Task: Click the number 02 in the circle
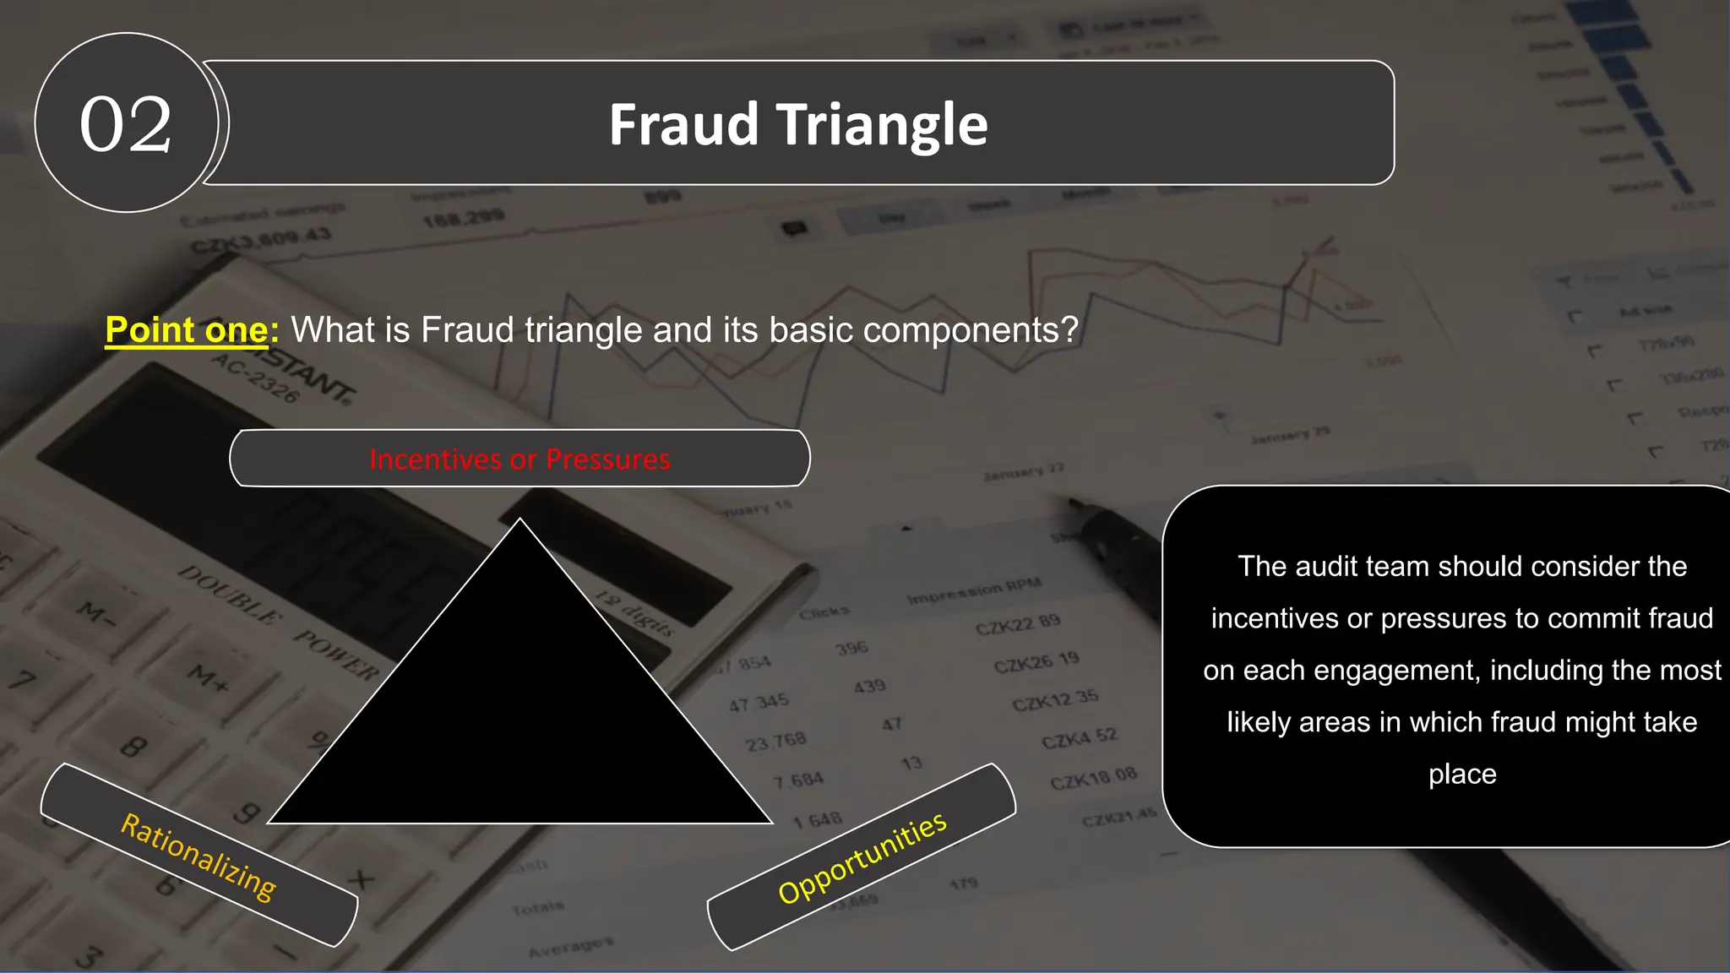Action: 126,124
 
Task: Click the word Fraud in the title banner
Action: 683,124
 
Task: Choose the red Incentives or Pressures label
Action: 520,459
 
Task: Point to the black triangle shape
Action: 520,718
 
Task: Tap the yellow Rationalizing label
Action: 199,856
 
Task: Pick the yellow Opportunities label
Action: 862,857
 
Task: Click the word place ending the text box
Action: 1462,774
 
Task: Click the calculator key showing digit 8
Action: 133,747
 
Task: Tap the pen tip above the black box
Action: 1074,504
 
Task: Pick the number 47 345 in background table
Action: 759,702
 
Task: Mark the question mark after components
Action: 1070,329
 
